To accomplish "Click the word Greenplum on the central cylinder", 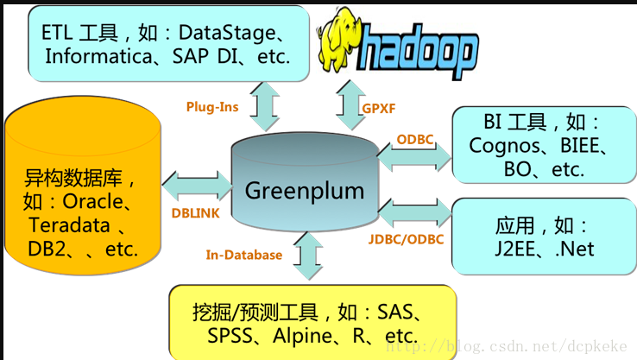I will pos(305,190).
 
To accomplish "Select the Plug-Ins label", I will pos(212,107).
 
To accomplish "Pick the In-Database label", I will pos(244,255).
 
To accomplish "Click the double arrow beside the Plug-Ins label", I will pos(265,107).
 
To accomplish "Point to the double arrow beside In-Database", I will pos(306,256).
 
